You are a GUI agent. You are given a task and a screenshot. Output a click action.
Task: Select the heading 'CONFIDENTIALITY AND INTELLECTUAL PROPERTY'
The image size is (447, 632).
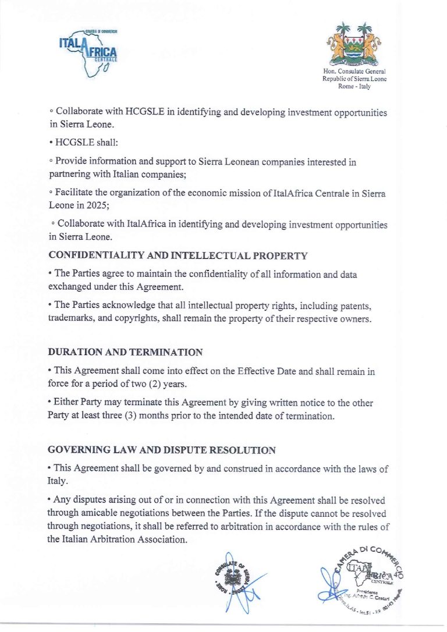click(x=178, y=255)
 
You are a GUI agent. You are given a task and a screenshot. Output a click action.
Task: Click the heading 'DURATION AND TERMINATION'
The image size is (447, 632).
click(x=126, y=352)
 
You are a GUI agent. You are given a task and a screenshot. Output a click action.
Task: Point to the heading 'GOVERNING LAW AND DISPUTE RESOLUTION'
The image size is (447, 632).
click(x=162, y=450)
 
